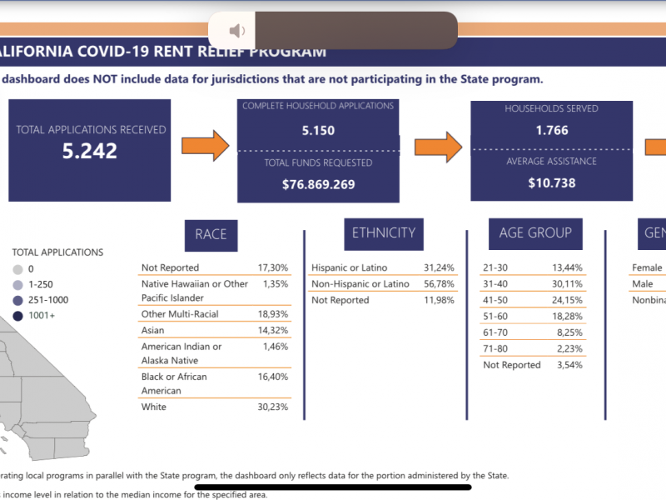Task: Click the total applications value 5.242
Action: (90, 151)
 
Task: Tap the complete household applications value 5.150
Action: (318, 131)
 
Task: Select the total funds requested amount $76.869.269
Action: (318, 184)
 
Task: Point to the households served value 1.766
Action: (551, 130)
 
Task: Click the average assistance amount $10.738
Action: (551, 182)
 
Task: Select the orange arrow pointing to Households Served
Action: (439, 146)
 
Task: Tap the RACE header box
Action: (211, 234)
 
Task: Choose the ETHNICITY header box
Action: (383, 233)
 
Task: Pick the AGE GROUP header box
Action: (535, 233)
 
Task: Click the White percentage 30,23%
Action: (272, 407)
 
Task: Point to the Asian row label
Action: (153, 330)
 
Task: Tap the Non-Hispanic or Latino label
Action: (360, 284)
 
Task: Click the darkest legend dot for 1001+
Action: (18, 315)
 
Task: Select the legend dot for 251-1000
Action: (18, 299)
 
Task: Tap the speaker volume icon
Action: (237, 31)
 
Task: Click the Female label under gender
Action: (648, 267)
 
